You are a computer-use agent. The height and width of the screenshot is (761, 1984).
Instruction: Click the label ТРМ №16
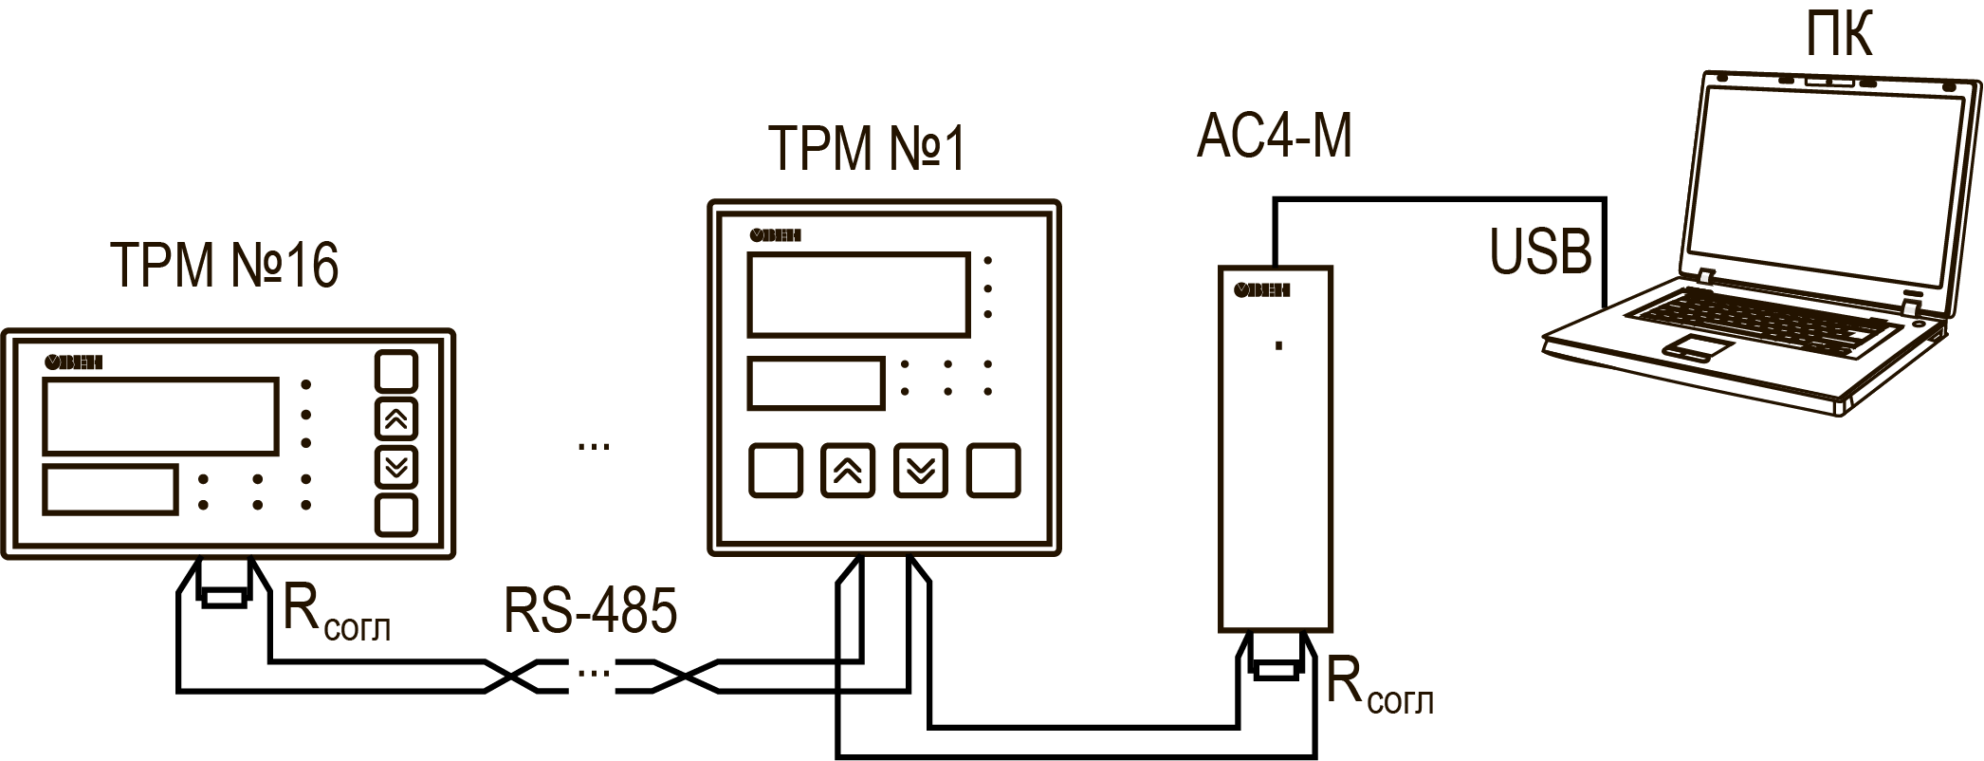click(225, 265)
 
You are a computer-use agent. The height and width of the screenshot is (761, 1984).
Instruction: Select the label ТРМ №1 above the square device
click(866, 150)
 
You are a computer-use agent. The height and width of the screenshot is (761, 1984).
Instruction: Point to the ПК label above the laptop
click(1838, 38)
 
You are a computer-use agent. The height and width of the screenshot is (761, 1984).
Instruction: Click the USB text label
click(1540, 252)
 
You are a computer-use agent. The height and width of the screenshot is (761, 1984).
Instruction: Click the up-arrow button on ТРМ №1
click(848, 470)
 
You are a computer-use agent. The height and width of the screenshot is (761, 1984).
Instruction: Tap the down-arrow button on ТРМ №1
click(921, 470)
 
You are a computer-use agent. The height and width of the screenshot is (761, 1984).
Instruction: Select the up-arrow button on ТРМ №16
click(396, 418)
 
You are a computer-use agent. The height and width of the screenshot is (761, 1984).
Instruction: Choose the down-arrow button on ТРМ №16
click(396, 467)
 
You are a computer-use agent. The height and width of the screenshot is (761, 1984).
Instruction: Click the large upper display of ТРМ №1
click(858, 294)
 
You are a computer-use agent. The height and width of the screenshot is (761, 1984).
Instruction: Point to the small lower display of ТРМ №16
click(110, 490)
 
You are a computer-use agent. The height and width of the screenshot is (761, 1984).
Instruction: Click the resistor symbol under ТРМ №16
click(226, 597)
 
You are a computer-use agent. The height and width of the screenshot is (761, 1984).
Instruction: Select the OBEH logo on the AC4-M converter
click(1261, 290)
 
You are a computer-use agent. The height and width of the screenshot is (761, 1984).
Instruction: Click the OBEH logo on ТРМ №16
click(73, 362)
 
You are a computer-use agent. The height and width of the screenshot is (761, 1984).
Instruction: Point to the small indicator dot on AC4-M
click(1279, 345)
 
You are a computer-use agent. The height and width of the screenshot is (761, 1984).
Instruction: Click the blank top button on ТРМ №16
click(396, 371)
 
